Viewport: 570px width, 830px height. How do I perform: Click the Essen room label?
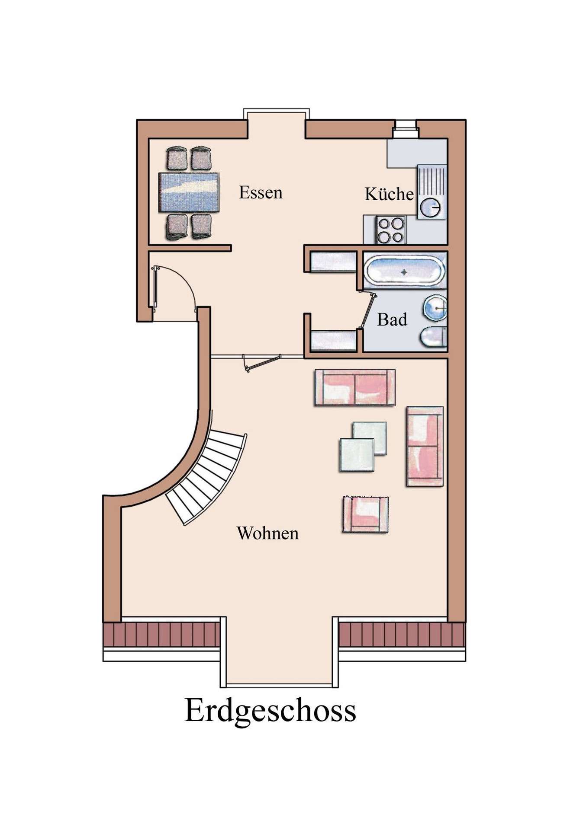[x=261, y=192]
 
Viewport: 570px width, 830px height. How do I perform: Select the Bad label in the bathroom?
[x=392, y=320]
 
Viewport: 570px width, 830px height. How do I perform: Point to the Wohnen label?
[x=267, y=533]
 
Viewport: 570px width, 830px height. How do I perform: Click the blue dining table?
[x=189, y=192]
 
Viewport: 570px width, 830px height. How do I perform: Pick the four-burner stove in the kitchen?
[x=391, y=230]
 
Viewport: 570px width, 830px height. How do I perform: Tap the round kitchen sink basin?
[x=431, y=207]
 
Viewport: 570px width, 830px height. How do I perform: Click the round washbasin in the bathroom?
[x=435, y=308]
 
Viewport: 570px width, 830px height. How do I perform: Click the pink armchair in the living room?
[x=365, y=514]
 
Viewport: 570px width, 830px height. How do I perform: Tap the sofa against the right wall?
[x=425, y=446]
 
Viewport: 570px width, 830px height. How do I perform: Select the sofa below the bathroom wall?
[x=355, y=388]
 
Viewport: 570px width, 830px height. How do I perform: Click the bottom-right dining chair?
[x=201, y=227]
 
